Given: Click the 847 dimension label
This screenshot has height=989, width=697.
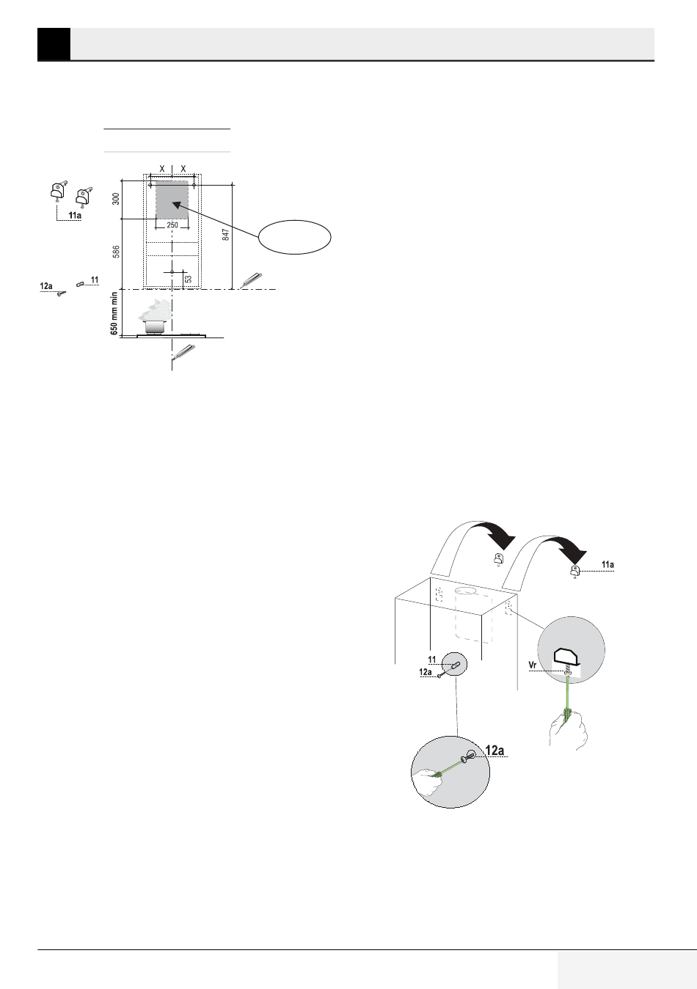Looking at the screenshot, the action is tap(225, 234).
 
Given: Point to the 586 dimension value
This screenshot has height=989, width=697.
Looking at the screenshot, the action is tap(116, 251).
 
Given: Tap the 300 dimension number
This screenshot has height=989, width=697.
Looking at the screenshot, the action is tap(116, 199).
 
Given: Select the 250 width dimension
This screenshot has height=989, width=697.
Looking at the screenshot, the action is tap(172, 225).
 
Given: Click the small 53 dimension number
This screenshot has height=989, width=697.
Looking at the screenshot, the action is tap(189, 279).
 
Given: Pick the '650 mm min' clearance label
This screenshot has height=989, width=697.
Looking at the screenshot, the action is tap(114, 313).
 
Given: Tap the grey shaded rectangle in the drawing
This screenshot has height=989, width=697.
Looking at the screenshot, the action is tap(172, 200).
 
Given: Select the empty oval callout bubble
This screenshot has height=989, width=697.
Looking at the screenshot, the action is tap(294, 237).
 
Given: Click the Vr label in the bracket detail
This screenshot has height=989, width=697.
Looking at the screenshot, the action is tap(533, 664).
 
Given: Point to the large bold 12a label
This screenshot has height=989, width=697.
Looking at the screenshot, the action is tap(495, 750).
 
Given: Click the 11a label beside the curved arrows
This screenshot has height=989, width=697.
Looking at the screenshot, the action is tap(607, 564).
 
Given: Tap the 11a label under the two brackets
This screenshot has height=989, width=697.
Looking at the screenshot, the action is tap(75, 216).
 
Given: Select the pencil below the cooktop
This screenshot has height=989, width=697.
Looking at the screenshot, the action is tap(183, 351).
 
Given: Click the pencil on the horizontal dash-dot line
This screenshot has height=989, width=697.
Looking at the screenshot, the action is tap(251, 281).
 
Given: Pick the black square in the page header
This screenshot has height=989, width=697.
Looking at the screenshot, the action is tap(54, 44).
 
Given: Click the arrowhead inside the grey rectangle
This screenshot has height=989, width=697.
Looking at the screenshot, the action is tap(176, 205).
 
